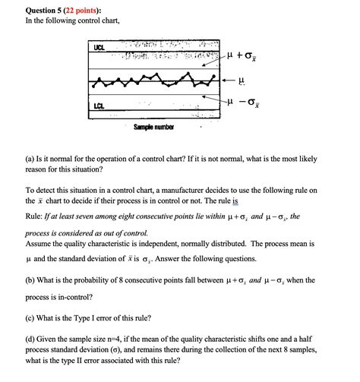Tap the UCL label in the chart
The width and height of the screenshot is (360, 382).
coord(99,48)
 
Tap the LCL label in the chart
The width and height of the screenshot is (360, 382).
coord(99,106)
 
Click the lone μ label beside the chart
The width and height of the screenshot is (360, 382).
coord(241,79)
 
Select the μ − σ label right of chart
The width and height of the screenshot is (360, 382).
coord(245,101)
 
